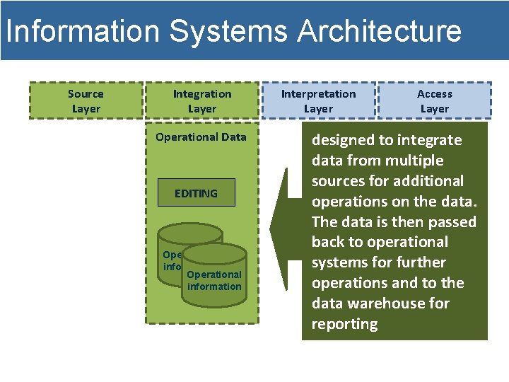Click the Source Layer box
pos(86,101)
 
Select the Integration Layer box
pos(202,101)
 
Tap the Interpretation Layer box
pos(318,101)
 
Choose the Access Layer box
pos(434,101)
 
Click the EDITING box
pos(196,193)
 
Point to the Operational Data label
pos(201,137)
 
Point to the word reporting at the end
pos(344,324)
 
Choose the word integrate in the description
pos(429,140)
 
